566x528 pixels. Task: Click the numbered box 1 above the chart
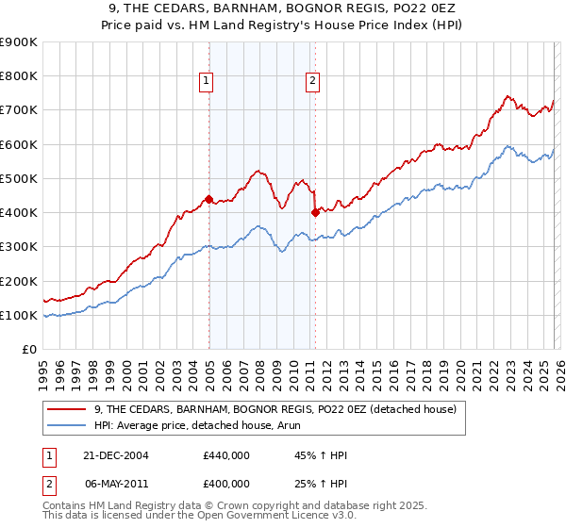click(206, 82)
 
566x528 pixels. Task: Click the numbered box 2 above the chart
click(311, 82)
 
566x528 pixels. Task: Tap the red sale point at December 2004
click(208, 199)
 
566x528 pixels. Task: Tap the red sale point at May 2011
click(315, 212)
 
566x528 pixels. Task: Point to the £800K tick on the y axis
click(19, 76)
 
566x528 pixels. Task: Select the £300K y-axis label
click(19, 247)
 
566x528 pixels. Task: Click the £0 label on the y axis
click(28, 350)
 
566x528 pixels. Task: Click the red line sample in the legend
click(68, 409)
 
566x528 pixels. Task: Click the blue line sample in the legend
click(68, 425)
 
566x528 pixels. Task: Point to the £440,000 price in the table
click(226, 454)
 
